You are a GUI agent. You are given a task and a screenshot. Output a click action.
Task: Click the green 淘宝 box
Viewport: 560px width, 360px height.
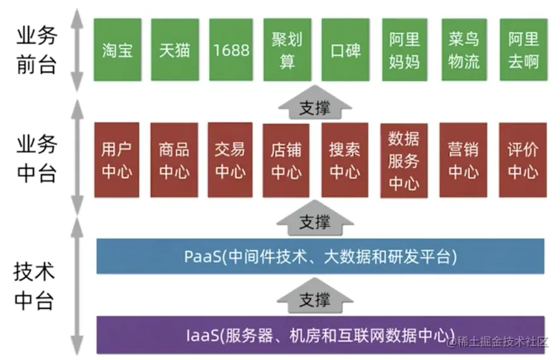tap(118, 50)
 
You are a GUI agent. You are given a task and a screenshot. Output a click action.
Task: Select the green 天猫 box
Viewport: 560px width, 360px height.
tap(174, 50)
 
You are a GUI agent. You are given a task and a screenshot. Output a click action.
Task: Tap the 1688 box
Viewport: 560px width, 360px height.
tap(231, 50)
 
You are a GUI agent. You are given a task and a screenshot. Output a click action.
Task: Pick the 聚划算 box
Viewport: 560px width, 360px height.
tap(287, 50)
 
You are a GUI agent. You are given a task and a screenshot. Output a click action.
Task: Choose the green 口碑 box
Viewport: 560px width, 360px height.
tap(345, 50)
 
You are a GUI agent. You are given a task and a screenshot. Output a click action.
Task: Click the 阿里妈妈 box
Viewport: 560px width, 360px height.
tap(405, 50)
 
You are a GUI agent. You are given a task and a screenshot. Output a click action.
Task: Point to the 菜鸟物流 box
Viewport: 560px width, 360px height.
tap(463, 50)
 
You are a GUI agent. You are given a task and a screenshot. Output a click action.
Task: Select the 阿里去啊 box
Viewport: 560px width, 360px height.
tap(523, 50)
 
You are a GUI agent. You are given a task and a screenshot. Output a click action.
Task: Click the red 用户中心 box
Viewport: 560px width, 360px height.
tap(116, 160)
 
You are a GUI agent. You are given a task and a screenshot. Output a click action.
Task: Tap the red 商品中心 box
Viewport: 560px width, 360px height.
tap(174, 160)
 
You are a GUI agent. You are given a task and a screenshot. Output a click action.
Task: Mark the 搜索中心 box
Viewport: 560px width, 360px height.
tap(344, 160)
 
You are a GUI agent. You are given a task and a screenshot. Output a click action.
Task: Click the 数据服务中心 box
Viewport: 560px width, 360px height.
tap(404, 160)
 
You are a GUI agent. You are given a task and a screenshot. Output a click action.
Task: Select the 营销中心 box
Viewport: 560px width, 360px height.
tap(463, 160)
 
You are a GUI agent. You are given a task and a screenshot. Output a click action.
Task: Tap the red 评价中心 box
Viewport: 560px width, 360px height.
tap(523, 160)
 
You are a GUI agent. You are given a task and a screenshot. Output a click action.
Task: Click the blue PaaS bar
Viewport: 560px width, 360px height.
tap(320, 256)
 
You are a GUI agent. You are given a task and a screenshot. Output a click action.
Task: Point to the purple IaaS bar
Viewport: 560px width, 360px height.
tap(320, 334)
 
